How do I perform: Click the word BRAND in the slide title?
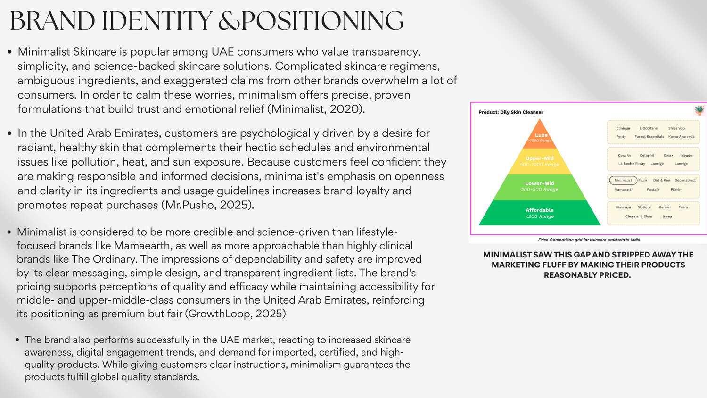(52, 21)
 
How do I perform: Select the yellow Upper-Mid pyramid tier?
(540, 161)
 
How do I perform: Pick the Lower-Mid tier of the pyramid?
(540, 186)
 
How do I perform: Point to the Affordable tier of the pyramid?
(540, 213)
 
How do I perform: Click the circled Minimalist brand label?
(623, 180)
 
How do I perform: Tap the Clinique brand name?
(623, 128)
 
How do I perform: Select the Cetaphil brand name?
(647, 156)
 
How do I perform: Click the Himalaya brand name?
(623, 207)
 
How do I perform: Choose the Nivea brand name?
(667, 216)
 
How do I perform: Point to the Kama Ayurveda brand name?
(682, 136)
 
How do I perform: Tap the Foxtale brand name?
(653, 190)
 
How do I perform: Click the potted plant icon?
(699, 110)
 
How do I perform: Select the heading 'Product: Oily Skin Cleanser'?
(510, 112)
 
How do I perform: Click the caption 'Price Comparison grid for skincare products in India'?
(589, 240)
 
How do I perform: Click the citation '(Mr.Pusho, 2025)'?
(208, 205)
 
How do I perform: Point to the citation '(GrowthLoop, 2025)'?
(236, 314)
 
